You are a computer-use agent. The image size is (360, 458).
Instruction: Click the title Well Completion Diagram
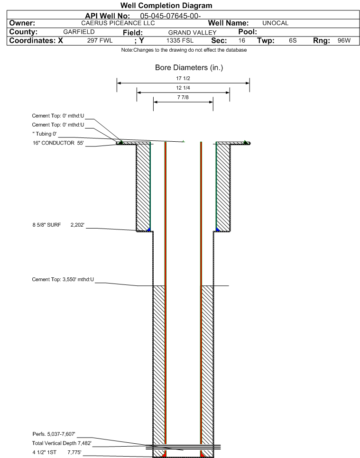pyautogui.click(x=166, y=6)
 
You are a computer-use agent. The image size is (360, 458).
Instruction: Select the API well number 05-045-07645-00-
pyautogui.click(x=170, y=16)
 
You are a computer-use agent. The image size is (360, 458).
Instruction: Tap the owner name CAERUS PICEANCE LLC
pyautogui.click(x=118, y=23)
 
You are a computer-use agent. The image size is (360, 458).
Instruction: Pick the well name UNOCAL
pyautogui.click(x=275, y=23)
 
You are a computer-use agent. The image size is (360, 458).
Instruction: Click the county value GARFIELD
pyautogui.click(x=79, y=32)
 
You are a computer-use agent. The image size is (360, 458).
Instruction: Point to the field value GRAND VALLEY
pyautogui.click(x=192, y=32)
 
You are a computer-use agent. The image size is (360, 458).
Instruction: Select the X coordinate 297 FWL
pyautogui.click(x=100, y=40)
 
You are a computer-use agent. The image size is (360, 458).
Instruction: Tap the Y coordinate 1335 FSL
pyautogui.click(x=180, y=40)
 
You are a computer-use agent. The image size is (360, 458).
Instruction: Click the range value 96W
pyautogui.click(x=344, y=40)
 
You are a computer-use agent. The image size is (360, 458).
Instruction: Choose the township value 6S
pyautogui.click(x=293, y=40)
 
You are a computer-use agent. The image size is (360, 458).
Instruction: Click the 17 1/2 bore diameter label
pyautogui.click(x=183, y=78)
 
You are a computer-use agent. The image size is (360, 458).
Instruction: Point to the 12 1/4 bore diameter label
pyautogui.click(x=183, y=88)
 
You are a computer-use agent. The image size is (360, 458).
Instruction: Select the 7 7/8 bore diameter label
pyautogui.click(x=183, y=97)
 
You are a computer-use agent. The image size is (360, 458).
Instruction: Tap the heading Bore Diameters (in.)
pyautogui.click(x=189, y=67)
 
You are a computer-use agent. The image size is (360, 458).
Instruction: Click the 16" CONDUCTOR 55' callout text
pyautogui.click(x=58, y=143)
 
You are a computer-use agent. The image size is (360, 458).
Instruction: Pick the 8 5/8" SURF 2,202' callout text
pyautogui.click(x=58, y=225)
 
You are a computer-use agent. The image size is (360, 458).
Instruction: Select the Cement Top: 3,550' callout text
pyautogui.click(x=63, y=280)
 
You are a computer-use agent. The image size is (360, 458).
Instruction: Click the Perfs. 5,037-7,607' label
pyautogui.click(x=54, y=434)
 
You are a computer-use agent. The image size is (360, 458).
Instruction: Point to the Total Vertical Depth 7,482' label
pyautogui.click(x=62, y=443)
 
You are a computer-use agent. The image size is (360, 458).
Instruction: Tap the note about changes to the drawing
pyautogui.click(x=184, y=50)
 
